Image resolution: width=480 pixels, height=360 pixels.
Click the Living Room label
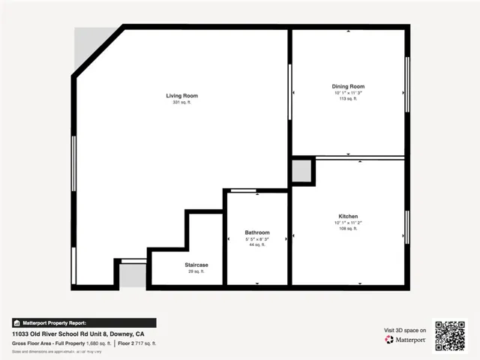tap(181, 95)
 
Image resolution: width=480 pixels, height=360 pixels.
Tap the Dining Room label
tap(348, 87)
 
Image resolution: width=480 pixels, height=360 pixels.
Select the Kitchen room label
tap(348, 216)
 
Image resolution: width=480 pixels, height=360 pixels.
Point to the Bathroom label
tap(257, 232)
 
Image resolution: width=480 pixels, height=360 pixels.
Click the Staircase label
tap(196, 265)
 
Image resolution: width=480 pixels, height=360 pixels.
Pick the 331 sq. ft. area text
tap(181, 103)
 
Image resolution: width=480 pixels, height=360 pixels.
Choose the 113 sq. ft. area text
tap(348, 99)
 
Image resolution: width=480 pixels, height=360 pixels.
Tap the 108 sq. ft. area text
tap(348, 228)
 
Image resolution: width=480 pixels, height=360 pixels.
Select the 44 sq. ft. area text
tap(257, 244)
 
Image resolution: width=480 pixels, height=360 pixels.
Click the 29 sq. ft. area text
tap(196, 271)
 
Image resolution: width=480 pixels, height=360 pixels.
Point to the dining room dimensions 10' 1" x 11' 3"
tap(348, 93)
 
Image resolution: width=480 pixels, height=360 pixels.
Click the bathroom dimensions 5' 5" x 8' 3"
tap(257, 238)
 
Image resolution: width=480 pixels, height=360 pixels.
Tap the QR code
tap(450, 336)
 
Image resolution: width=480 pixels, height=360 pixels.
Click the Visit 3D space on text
tap(405, 330)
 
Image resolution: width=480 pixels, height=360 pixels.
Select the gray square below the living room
tap(133, 274)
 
